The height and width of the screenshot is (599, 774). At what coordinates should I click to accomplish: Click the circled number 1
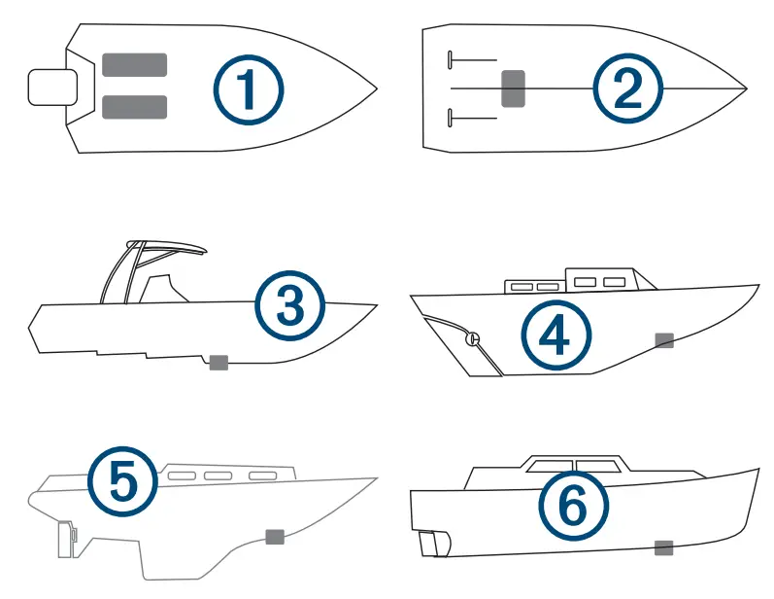pyautogui.click(x=249, y=89)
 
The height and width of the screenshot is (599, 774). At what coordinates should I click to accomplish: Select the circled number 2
pyautogui.click(x=628, y=89)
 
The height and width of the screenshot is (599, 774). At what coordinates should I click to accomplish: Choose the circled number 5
pyautogui.click(x=121, y=479)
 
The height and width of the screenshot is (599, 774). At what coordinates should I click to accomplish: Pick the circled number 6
pyautogui.click(x=574, y=506)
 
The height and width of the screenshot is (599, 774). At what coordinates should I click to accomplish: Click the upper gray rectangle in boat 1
pyautogui.click(x=134, y=65)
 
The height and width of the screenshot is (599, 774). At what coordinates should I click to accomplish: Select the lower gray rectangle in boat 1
pyautogui.click(x=134, y=107)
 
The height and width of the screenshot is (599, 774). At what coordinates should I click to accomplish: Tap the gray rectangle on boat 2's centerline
pyautogui.click(x=513, y=88)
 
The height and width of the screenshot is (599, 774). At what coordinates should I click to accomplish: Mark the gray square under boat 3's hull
pyautogui.click(x=219, y=362)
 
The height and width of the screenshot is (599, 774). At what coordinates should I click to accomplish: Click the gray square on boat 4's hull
pyautogui.click(x=664, y=339)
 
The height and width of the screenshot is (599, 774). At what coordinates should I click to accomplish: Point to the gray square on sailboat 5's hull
pyautogui.click(x=275, y=536)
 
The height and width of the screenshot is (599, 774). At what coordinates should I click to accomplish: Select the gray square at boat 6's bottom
pyautogui.click(x=664, y=547)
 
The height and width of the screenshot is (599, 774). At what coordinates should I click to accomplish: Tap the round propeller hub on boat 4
pyautogui.click(x=473, y=339)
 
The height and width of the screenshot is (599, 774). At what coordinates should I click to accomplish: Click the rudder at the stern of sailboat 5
pyautogui.click(x=67, y=540)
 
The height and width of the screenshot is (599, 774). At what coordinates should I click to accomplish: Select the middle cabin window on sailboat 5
pyautogui.click(x=219, y=476)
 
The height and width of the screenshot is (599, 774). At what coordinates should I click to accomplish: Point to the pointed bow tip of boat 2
pyautogui.click(x=744, y=89)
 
